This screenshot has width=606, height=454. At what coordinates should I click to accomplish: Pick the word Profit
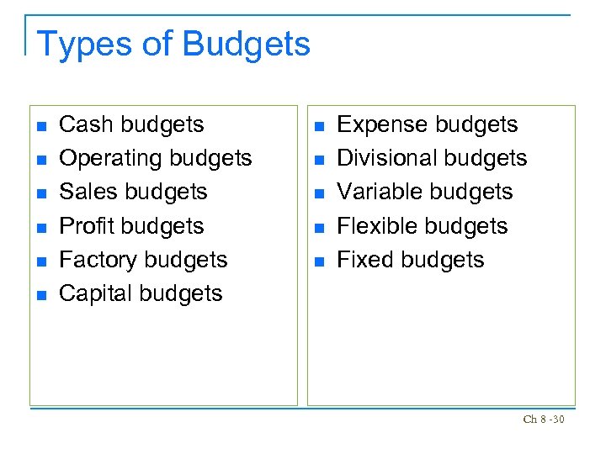pyautogui.click(x=88, y=226)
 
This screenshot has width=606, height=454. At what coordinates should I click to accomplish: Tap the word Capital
pyautogui.click(x=93, y=293)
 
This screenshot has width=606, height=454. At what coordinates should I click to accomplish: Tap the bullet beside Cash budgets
pyautogui.click(x=40, y=126)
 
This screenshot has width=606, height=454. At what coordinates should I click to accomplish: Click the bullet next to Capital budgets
pyautogui.click(x=40, y=295)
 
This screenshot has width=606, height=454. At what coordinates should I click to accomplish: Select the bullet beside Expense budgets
pyautogui.click(x=318, y=126)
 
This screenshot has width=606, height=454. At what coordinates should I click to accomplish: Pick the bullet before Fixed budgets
pyautogui.click(x=318, y=261)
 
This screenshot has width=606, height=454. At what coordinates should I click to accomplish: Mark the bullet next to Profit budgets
pyautogui.click(x=40, y=228)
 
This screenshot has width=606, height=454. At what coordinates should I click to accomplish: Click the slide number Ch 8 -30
pyautogui.click(x=543, y=420)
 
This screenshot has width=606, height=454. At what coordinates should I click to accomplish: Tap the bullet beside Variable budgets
pyautogui.click(x=318, y=193)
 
